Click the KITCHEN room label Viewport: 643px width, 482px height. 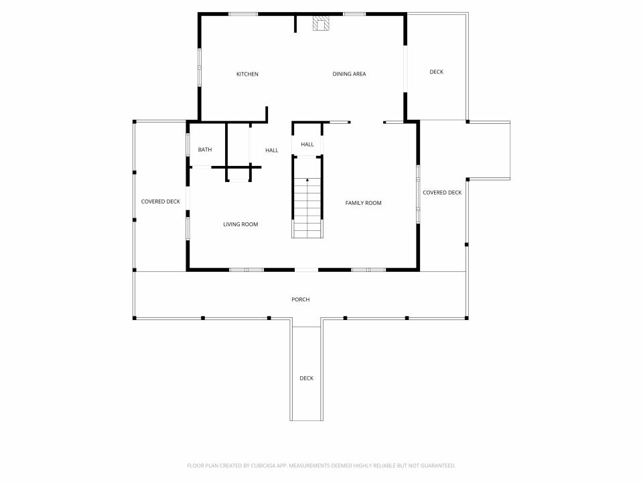(x=247, y=74)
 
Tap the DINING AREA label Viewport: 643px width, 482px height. (x=349, y=74)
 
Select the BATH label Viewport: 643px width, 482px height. (x=205, y=149)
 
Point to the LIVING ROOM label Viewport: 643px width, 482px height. (x=240, y=225)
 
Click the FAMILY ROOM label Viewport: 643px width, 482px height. (x=363, y=203)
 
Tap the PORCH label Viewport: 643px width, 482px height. (x=301, y=300)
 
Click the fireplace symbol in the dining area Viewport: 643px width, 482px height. (x=321, y=23)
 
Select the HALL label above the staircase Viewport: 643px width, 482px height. (x=307, y=145)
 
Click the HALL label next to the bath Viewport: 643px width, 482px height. (x=271, y=151)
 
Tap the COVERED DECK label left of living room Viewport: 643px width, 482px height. (x=160, y=202)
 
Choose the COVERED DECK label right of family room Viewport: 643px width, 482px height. (x=442, y=193)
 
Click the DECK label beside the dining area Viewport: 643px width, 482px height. (x=436, y=72)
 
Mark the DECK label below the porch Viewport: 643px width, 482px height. (x=306, y=378)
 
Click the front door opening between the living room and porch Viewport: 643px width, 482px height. (x=306, y=270)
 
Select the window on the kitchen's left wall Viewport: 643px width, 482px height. (x=200, y=67)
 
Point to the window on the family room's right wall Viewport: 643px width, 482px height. (x=418, y=194)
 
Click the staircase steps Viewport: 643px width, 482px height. (x=307, y=208)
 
